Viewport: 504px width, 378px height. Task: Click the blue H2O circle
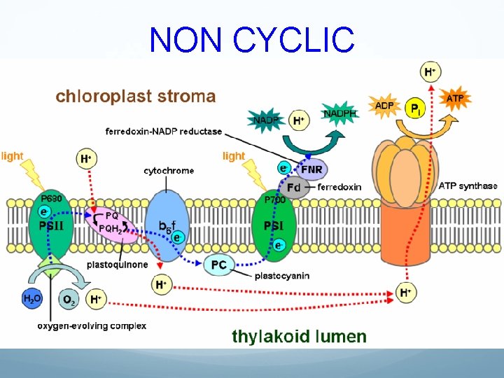[x=32, y=300]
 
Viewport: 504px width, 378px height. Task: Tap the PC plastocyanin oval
[x=219, y=265]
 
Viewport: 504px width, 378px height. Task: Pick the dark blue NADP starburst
[x=265, y=120]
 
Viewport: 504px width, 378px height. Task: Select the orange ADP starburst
[x=384, y=106]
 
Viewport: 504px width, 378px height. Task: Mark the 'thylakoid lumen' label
[x=299, y=336]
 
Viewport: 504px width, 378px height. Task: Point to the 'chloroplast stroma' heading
[x=136, y=96]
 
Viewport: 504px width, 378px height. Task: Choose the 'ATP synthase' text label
[x=468, y=186]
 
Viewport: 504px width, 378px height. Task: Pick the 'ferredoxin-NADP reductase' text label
[x=162, y=131]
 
